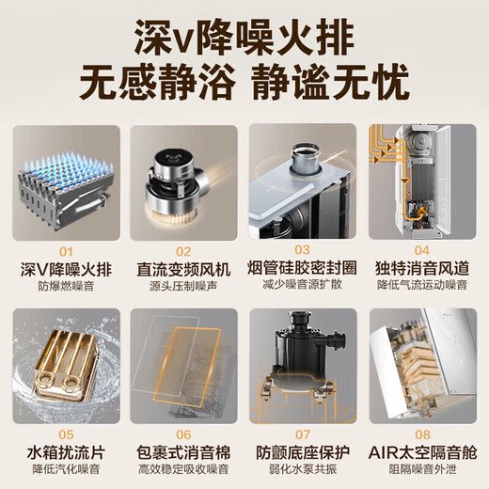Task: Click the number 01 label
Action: click(x=65, y=251)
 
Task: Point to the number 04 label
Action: click(x=422, y=251)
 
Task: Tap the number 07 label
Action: click(x=303, y=435)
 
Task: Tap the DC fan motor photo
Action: click(x=184, y=183)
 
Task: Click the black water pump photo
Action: click(x=303, y=367)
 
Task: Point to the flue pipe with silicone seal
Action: click(x=303, y=169)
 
